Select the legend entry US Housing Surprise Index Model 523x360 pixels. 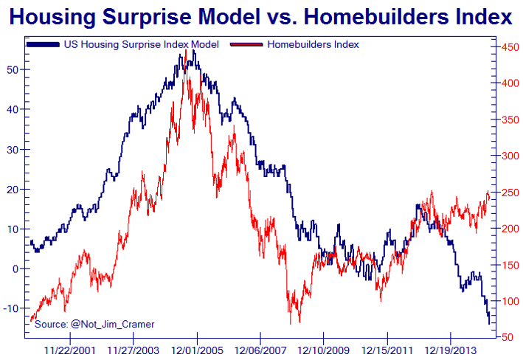coord(141,45)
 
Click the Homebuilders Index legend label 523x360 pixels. coord(313,45)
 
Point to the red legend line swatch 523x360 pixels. coord(246,45)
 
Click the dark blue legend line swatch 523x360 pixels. coord(43,45)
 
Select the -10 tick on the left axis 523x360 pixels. coord(13,308)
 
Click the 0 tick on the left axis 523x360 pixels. coord(17,269)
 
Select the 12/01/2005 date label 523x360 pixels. coord(196,350)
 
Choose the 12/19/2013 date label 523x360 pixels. coord(451,350)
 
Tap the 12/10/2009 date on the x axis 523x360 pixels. coord(323,350)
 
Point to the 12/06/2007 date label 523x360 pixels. coord(260,350)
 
